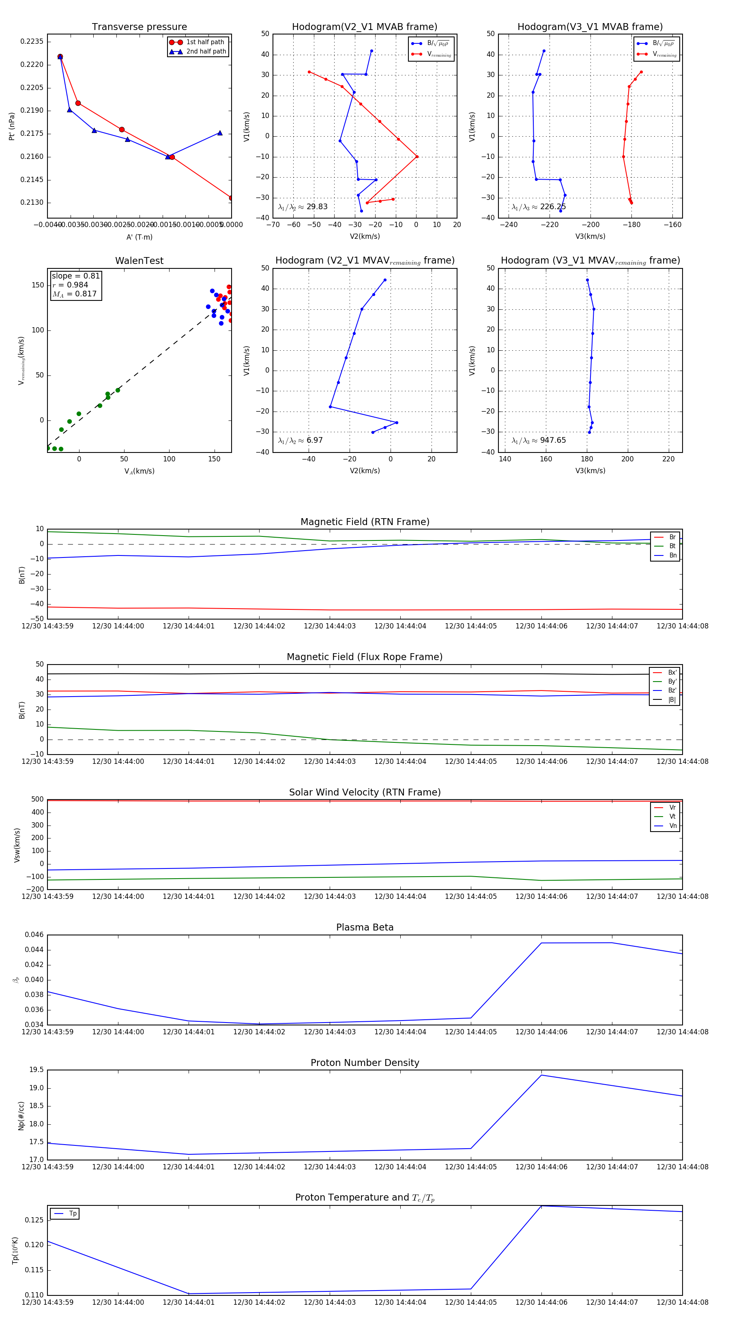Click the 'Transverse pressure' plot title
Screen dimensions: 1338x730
click(x=139, y=27)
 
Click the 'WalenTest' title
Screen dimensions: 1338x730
click(x=139, y=261)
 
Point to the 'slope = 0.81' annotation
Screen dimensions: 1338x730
click(x=75, y=276)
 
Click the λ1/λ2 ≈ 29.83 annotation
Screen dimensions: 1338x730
click(x=303, y=207)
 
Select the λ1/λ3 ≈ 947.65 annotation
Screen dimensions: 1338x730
click(x=539, y=440)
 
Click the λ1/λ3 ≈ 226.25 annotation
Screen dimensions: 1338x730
click(x=539, y=207)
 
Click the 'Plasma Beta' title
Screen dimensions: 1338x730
click(x=365, y=928)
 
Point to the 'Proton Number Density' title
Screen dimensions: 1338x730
click(x=365, y=1063)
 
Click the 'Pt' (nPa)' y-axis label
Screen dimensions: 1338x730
click(x=11, y=126)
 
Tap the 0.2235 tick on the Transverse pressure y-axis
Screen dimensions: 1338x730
click(x=32, y=41)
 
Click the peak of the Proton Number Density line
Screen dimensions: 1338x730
click(x=541, y=1075)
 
